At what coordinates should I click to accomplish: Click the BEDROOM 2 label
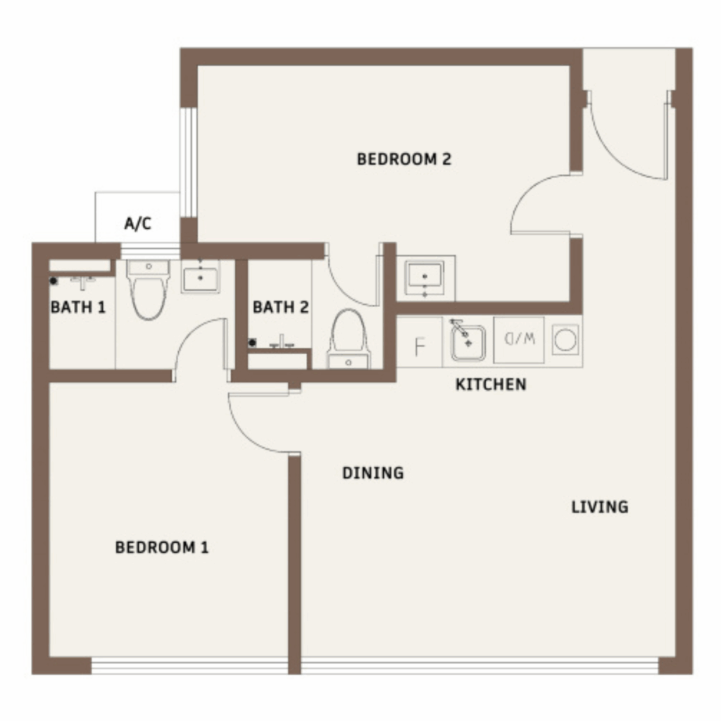pos(404,159)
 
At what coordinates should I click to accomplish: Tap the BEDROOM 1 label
pos(162,547)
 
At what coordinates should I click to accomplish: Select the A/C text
pos(137,223)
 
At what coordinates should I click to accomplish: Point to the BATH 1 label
pos(78,307)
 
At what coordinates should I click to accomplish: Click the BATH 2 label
pos(280,307)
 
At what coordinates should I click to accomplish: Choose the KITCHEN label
pos(491,384)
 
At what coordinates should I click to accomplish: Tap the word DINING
pos(373,472)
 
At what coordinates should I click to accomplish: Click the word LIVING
pos(600,507)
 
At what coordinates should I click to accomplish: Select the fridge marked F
pos(420,342)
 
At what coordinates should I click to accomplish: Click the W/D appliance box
pos(519,340)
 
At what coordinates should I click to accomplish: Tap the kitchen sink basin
pos(468,343)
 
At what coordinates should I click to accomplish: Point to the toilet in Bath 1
pos(148,289)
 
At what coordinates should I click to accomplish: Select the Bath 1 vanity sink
pos(201,276)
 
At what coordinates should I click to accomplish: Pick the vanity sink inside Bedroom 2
pos(425,277)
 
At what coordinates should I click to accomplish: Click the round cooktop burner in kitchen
pos(565,340)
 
